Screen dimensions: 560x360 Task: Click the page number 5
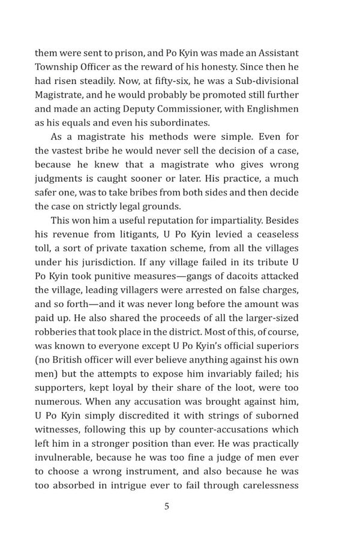pos(166,506)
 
